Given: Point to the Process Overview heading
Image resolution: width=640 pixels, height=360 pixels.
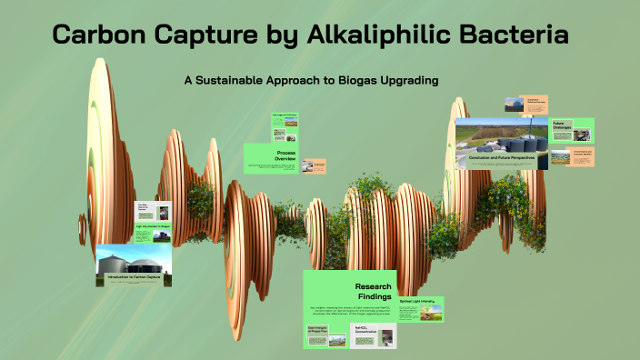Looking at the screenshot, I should pyautogui.click(x=286, y=155).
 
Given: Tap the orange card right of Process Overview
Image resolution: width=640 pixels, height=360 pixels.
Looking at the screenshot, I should pyautogui.click(x=315, y=166).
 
